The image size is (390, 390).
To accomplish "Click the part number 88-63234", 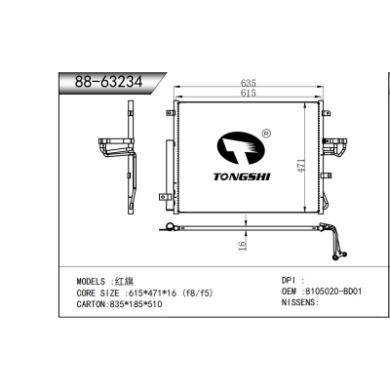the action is point(108,81).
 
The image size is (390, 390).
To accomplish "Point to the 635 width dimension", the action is point(249,83).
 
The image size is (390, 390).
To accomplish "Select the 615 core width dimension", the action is point(249,93).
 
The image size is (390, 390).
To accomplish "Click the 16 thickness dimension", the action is point(243,246).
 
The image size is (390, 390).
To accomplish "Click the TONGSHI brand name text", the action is point(242,176).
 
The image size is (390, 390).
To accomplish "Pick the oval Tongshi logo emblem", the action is point(241,148).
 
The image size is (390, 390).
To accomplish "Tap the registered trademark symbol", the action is point(266,133).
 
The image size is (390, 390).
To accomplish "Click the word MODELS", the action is point(91,282).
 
